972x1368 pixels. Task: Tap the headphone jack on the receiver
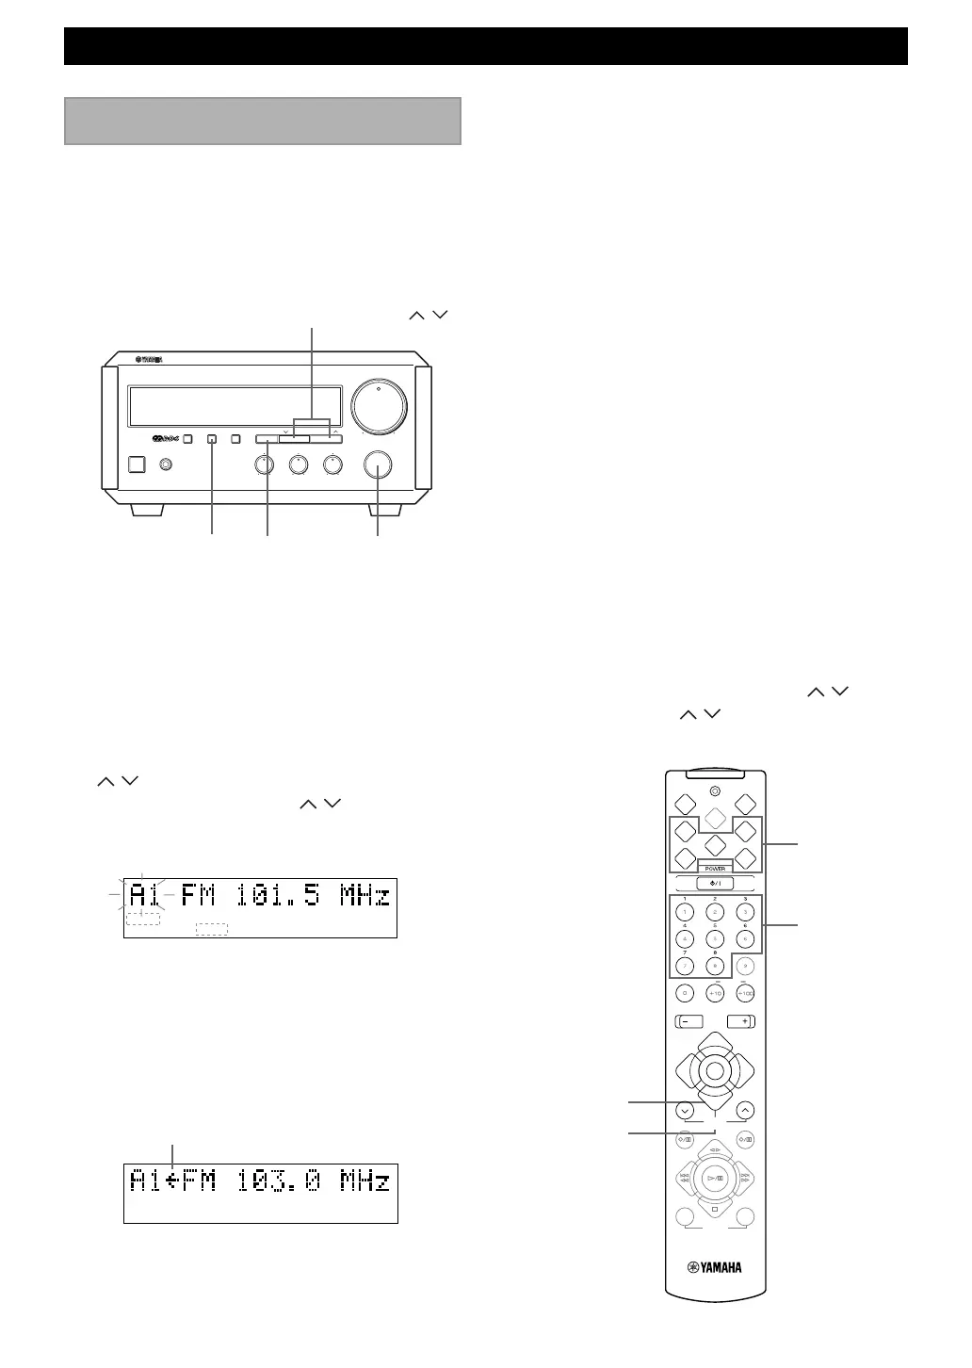(167, 464)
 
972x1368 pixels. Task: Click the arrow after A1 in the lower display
(173, 1181)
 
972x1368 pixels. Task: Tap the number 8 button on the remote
(715, 965)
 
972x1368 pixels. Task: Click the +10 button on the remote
(715, 993)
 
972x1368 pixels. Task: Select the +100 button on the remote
(745, 993)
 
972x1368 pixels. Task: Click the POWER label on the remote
(714, 869)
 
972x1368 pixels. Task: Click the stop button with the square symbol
(715, 1209)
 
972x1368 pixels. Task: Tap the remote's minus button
(687, 1021)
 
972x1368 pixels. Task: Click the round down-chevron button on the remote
(685, 1110)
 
